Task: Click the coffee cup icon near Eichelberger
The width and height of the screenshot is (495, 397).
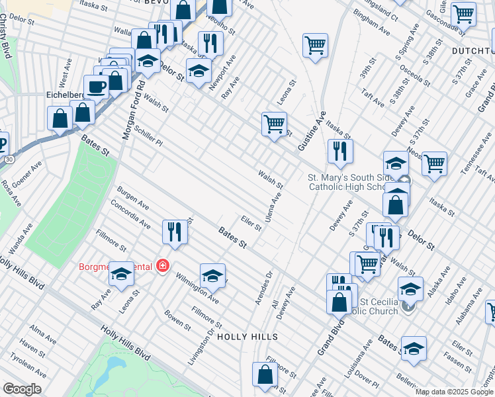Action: point(96,87)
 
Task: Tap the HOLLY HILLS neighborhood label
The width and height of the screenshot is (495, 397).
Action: point(247,337)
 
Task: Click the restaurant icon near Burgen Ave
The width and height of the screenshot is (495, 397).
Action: point(174,232)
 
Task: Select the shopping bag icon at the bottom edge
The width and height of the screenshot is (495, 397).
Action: point(265,375)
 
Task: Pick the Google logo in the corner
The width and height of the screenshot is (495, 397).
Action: point(22,389)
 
